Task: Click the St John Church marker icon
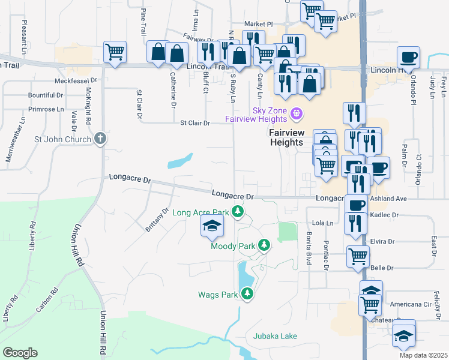coord(100,139)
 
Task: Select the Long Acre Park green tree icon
coord(238,212)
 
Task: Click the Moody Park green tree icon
coord(263,245)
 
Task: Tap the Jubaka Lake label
coord(275,336)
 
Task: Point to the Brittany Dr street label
coord(157,220)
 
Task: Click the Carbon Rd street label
coord(46,300)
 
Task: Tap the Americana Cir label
coord(411,304)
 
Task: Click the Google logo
coord(20,353)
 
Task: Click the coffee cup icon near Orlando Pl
coord(408,58)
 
